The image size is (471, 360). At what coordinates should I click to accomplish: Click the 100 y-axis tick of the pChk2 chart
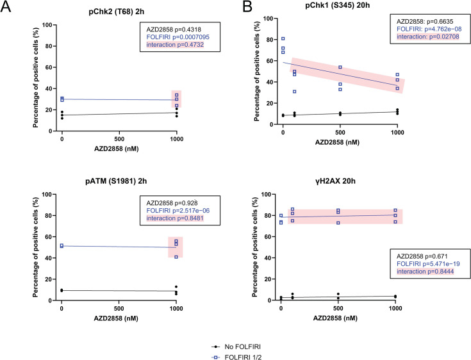click(46, 25)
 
